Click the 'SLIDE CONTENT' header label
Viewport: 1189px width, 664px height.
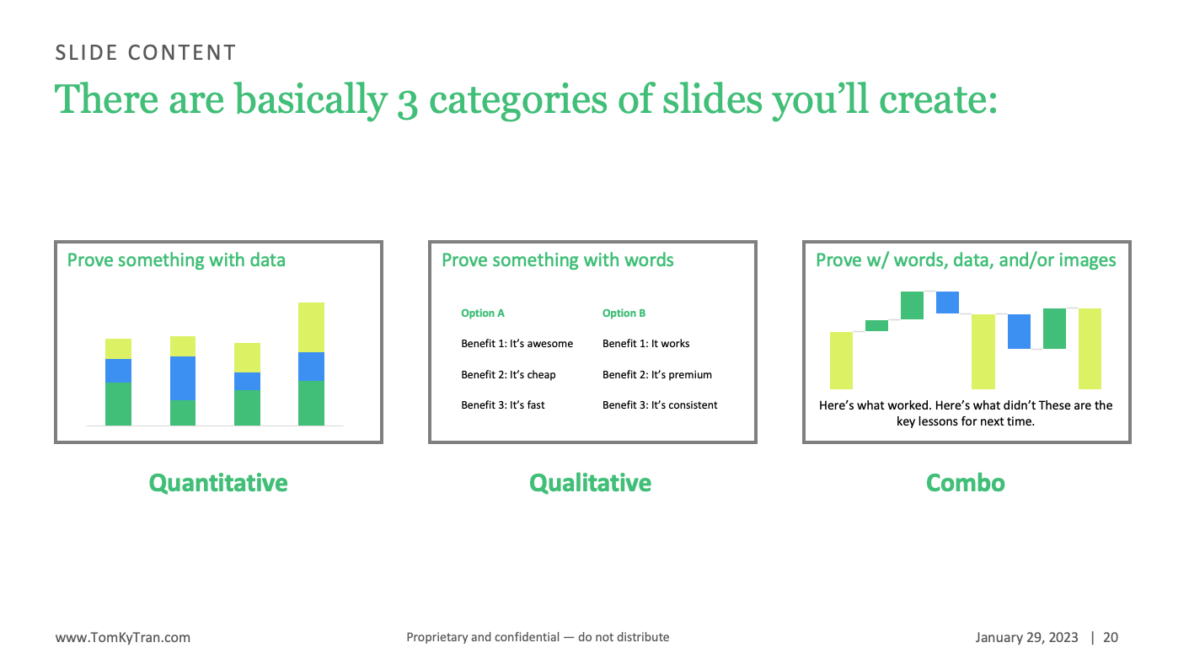point(146,52)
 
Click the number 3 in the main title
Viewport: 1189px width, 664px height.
point(407,103)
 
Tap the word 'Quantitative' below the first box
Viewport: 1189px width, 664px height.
point(218,483)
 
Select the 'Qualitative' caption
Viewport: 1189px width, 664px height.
point(590,483)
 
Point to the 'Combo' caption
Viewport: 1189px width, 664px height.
point(966,483)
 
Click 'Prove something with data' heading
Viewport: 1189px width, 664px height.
point(176,260)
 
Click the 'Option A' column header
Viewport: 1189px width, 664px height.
point(483,313)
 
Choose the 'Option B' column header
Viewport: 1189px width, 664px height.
point(624,313)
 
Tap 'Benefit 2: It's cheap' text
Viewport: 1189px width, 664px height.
point(508,375)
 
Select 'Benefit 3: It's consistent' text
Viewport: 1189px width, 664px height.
point(659,405)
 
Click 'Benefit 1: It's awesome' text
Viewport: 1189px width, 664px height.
point(517,344)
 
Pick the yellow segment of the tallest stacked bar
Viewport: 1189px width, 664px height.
point(311,328)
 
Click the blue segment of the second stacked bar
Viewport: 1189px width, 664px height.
point(183,378)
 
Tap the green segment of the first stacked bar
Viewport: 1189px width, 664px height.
point(118,404)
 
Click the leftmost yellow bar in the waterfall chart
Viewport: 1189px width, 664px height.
point(841,361)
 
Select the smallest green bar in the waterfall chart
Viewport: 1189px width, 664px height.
point(877,325)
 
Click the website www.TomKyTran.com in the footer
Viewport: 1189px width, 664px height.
point(123,638)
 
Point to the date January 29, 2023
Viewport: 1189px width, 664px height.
point(1026,638)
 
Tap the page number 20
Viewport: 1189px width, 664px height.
point(1111,638)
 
